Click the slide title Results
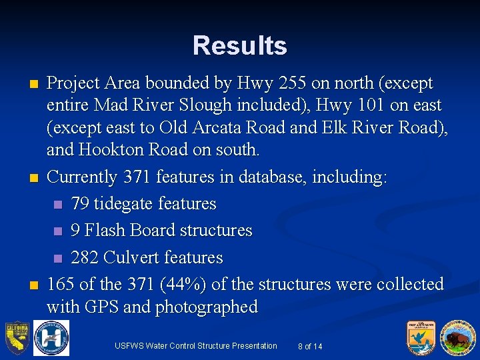point(240,45)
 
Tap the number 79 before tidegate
point(80,203)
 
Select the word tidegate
point(124,203)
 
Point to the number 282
point(85,257)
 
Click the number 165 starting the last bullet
point(61,284)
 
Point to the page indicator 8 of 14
point(310,346)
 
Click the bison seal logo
point(457,337)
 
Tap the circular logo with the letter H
point(51,339)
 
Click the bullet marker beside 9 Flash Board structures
point(57,231)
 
